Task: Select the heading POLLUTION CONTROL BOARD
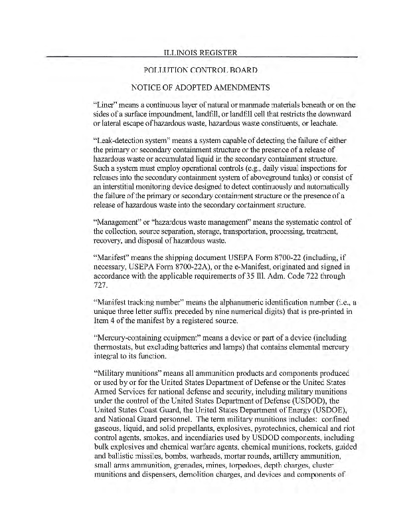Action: pos(200,70)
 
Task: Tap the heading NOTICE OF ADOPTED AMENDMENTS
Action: pos(200,88)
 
